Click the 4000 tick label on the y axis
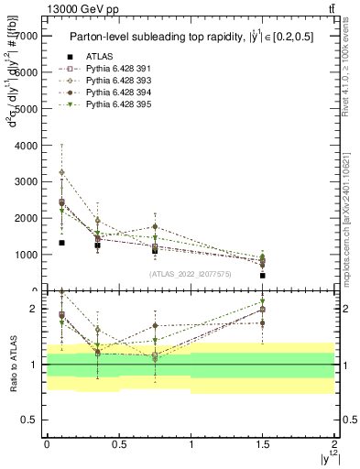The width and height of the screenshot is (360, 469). [x=27, y=146]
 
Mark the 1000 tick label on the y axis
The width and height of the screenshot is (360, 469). [x=27, y=256]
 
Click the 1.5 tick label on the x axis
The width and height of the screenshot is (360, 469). [x=263, y=444]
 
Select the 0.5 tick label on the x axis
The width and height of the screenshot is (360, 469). [x=118, y=444]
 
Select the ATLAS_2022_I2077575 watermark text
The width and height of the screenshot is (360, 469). [x=191, y=274]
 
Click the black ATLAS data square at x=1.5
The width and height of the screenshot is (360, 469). [x=263, y=275]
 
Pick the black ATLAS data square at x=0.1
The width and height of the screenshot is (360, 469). [x=61, y=243]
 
